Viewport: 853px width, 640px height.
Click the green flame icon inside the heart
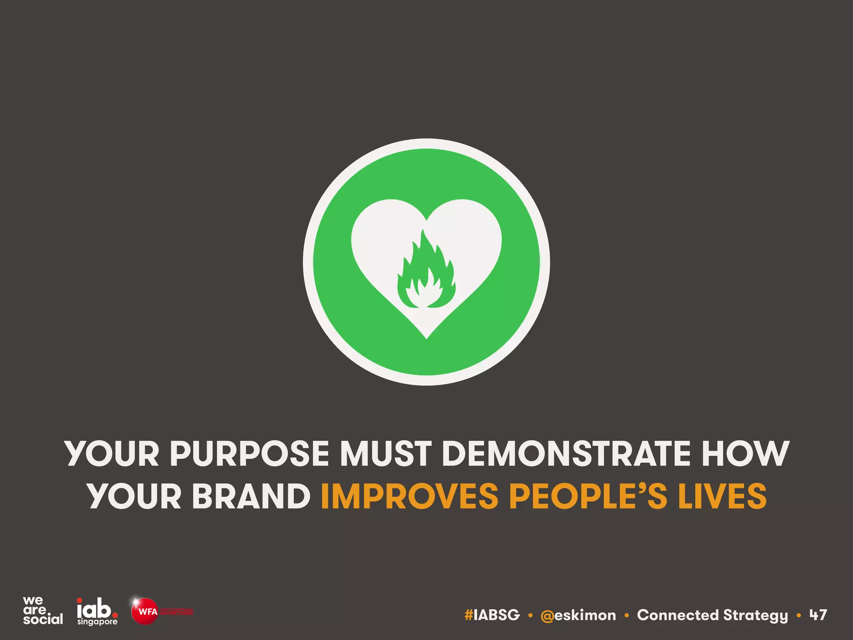pyautogui.click(x=426, y=273)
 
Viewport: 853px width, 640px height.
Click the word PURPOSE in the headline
pyautogui.click(x=249, y=454)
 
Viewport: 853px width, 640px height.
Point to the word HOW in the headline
pyautogui.click(x=745, y=454)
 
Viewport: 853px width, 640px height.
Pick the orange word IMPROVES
pyautogui.click(x=409, y=496)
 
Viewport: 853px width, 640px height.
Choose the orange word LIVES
pyautogui.click(x=722, y=496)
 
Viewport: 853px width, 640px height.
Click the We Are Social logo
pyautogui.click(x=42, y=611)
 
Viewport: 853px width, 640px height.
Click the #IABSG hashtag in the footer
pyautogui.click(x=492, y=615)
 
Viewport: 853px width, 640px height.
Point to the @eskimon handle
pyautogui.click(x=578, y=615)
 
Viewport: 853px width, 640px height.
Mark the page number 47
pyautogui.click(x=818, y=615)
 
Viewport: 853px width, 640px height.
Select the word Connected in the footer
pyautogui.click(x=678, y=615)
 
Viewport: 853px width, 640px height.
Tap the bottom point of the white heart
pyautogui.click(x=426, y=337)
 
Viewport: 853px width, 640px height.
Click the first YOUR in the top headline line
pyautogui.click(x=112, y=454)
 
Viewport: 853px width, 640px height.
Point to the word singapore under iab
pyautogui.click(x=97, y=622)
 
